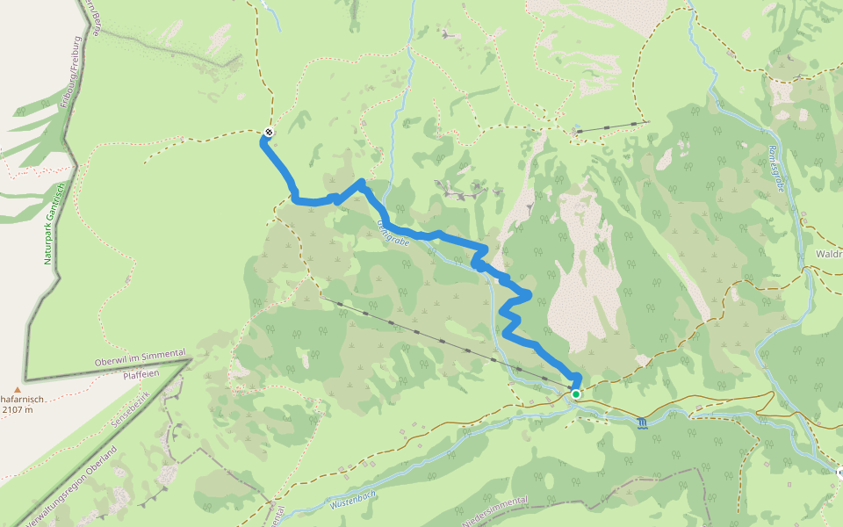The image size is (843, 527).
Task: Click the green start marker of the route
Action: point(576,394)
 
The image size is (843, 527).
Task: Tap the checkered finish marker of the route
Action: point(268,133)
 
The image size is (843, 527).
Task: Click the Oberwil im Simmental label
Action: point(140,358)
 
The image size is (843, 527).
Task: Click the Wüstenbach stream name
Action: point(353,502)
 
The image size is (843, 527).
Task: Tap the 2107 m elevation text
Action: point(18,409)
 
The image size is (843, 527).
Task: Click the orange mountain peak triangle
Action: point(16,389)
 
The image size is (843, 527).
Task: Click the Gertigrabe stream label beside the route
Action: point(393,233)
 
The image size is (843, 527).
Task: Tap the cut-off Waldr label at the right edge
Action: point(828,254)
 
